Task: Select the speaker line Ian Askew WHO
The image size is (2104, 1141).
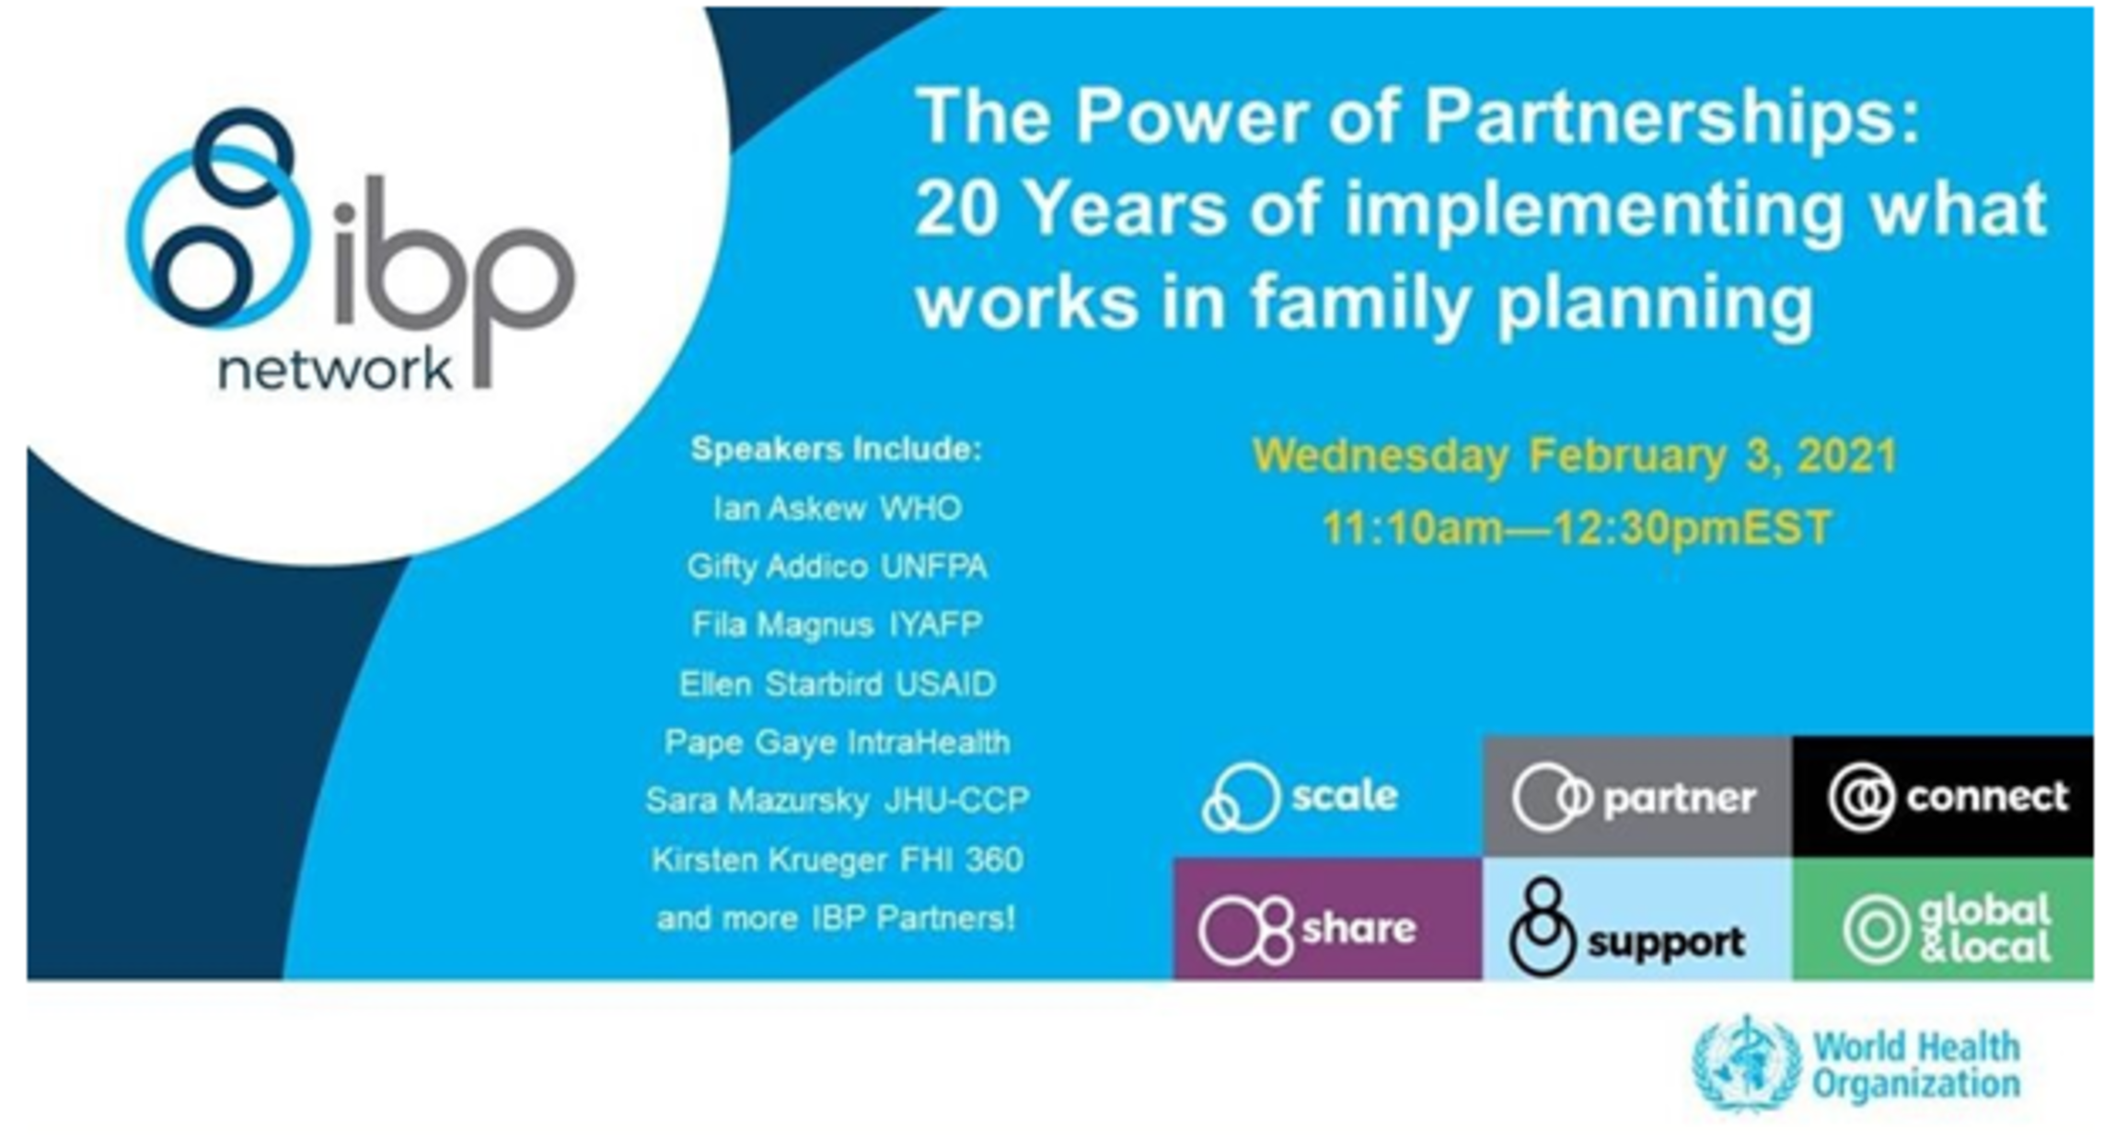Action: pos(838,508)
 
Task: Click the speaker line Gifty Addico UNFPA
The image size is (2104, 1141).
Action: pos(838,566)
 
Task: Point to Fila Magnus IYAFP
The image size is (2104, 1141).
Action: pos(838,625)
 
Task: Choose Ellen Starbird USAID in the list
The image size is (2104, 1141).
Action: pos(838,684)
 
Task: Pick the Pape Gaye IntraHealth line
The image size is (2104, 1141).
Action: pos(838,742)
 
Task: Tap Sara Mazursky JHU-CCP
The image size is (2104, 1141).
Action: pos(838,801)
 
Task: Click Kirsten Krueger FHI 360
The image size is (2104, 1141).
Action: pos(838,859)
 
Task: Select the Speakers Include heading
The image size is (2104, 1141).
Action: pos(837,449)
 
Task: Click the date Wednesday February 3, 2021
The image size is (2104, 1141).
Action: pos(1575,456)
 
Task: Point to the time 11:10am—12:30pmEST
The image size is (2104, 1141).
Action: pos(1577,528)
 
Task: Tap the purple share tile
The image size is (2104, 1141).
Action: pos(1328,918)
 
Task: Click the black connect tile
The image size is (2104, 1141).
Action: pos(1943,797)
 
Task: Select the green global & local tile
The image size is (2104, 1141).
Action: pos(1943,918)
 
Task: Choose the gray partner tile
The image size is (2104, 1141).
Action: pos(1637,797)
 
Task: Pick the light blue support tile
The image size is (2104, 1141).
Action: pos(1637,918)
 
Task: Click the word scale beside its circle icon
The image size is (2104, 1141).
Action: pos(1345,795)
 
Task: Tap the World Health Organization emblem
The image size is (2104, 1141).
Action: pos(1747,1064)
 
